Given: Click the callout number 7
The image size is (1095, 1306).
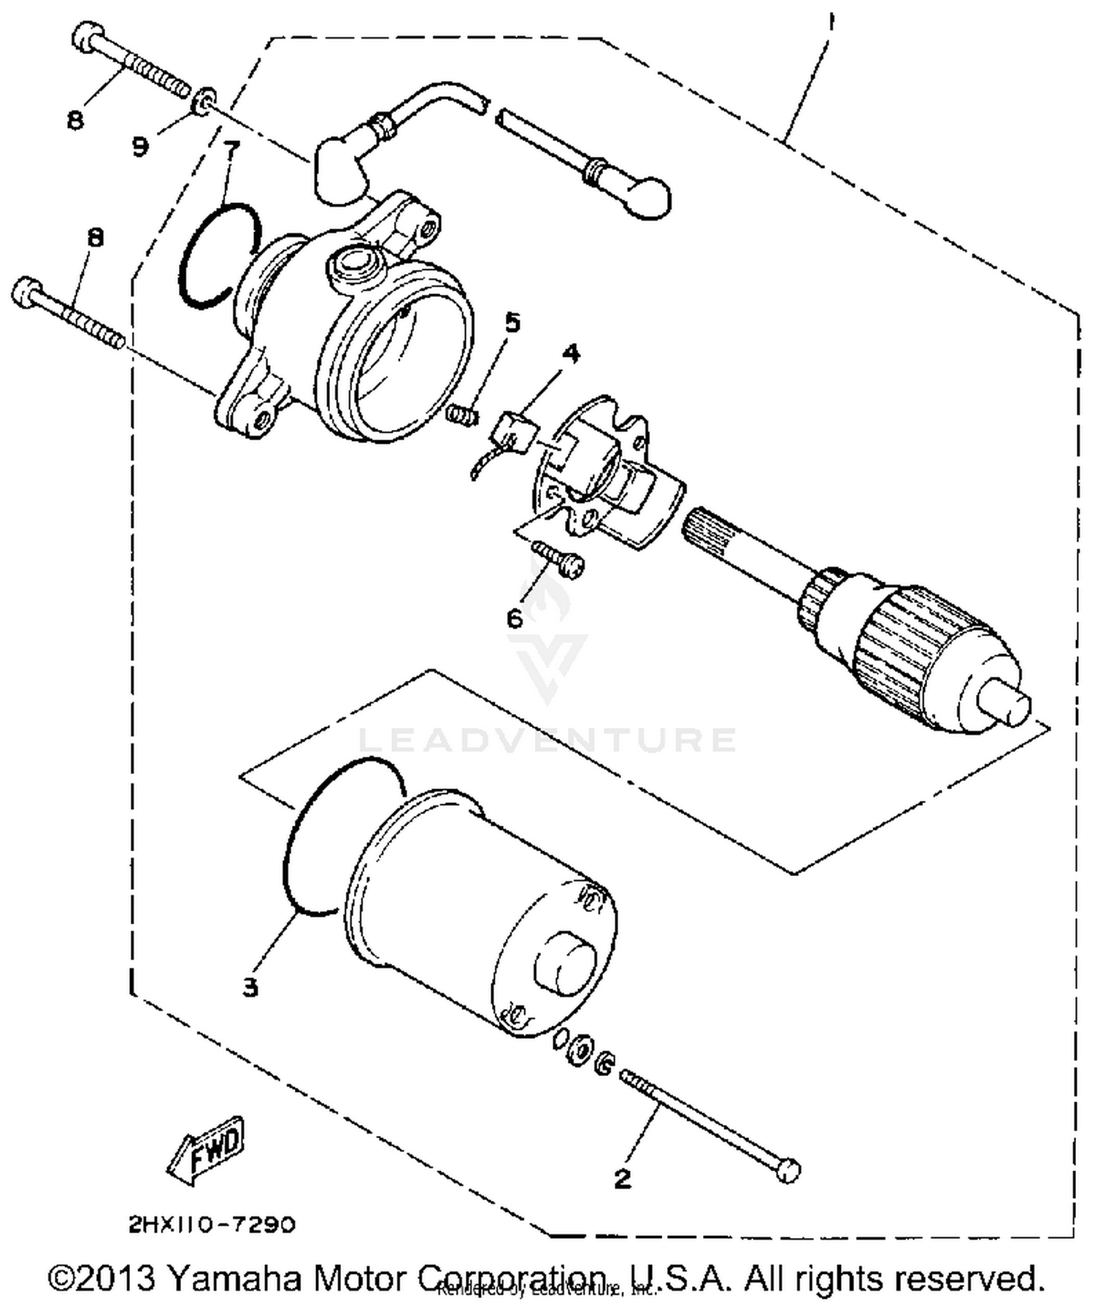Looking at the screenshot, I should pyautogui.click(x=231, y=150).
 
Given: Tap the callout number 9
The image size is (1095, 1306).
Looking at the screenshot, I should pyautogui.click(x=140, y=146).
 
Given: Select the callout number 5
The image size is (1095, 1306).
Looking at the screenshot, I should pyautogui.click(x=512, y=322).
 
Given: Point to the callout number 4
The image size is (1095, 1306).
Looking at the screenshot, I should pyautogui.click(x=570, y=354).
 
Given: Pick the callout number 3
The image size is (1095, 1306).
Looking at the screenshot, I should pyautogui.click(x=250, y=988).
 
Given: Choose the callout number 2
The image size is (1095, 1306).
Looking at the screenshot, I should pyautogui.click(x=622, y=1178).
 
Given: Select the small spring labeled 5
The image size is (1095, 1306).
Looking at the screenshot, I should pyautogui.click(x=463, y=415).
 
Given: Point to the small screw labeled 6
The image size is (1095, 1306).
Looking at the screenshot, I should pyautogui.click(x=559, y=558).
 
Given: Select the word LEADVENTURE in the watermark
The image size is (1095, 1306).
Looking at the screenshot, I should pyautogui.click(x=547, y=740).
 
